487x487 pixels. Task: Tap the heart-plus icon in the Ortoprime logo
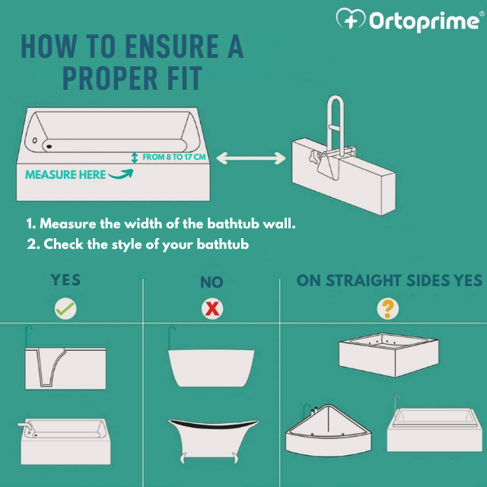(350, 21)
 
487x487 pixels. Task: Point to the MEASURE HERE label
(65, 174)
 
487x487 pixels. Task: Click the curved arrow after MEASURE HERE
(120, 173)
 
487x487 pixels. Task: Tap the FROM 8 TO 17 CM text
(174, 157)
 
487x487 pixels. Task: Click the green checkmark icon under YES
(65, 308)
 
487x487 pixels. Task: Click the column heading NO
(212, 282)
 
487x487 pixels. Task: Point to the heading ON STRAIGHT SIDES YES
(389, 281)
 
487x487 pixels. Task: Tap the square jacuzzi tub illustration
(388, 355)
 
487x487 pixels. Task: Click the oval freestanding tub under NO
(211, 368)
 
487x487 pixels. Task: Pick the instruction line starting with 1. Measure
(161, 224)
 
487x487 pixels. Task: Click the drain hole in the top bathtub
(49, 145)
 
